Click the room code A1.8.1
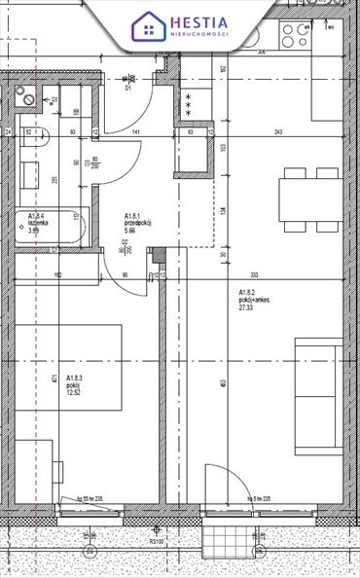133,216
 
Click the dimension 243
279,133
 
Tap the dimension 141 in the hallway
136,133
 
